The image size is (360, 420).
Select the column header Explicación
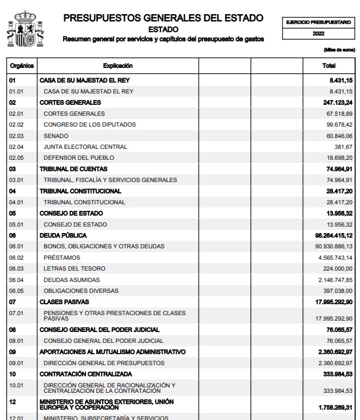117,66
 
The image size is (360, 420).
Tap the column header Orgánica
21,66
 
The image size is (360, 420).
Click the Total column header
330,66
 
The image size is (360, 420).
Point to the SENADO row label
55,135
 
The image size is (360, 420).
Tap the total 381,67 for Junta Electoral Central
344,147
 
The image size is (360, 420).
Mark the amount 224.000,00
337,269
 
